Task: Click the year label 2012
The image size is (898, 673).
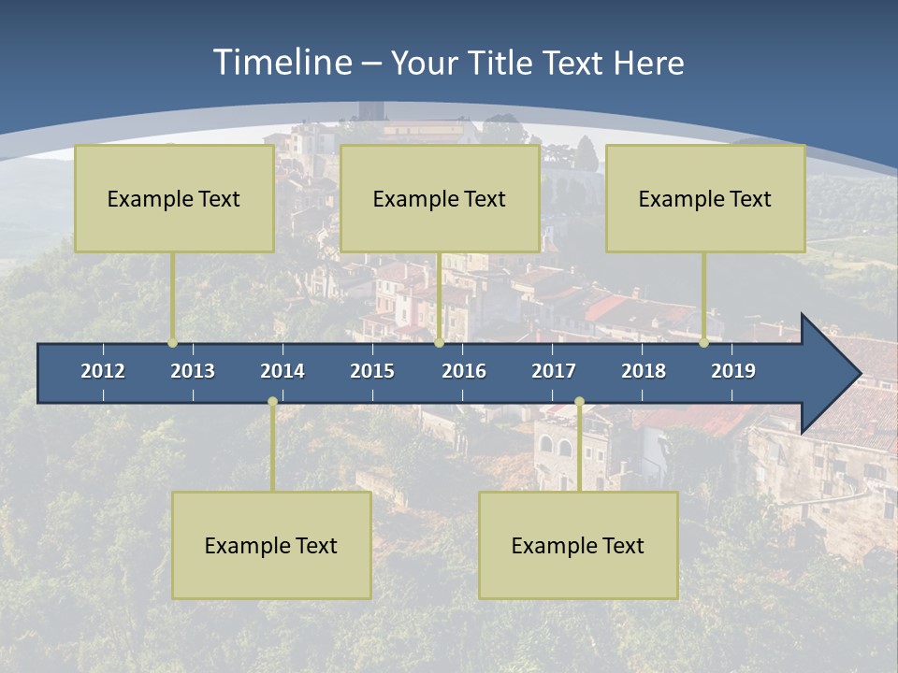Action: [103, 371]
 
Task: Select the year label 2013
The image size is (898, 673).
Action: [193, 371]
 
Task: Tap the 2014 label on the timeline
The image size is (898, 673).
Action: [282, 371]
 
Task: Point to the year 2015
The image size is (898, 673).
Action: [372, 371]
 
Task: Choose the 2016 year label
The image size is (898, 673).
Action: [464, 371]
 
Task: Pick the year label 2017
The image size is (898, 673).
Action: [554, 371]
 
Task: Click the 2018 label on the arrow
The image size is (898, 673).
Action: [644, 371]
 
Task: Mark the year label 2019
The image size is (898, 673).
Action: [733, 371]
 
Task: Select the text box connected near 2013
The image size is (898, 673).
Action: [174, 198]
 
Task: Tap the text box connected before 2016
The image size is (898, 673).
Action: [440, 198]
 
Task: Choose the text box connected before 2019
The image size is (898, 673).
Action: [705, 198]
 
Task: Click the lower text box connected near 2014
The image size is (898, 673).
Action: [271, 545]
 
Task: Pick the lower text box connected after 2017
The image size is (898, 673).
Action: [578, 545]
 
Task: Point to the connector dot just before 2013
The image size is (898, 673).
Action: [172, 343]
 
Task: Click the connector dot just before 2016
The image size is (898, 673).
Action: [439, 343]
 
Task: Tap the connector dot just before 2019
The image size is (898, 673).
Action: [703, 343]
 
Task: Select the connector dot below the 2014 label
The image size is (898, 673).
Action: [272, 402]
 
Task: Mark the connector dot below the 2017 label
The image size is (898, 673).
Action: [579, 402]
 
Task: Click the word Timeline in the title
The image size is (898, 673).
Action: [282, 63]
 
